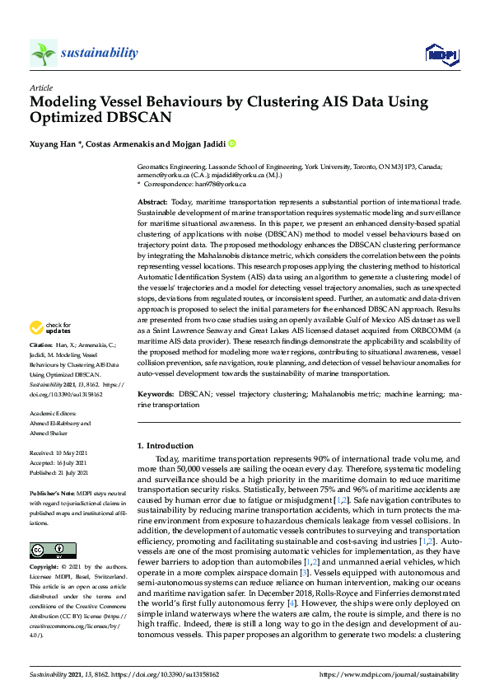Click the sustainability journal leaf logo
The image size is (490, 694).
(43, 54)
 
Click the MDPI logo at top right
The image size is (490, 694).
(441, 54)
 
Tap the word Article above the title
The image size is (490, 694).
(41, 87)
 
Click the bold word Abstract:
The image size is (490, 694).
(153, 202)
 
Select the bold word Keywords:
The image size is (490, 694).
(156, 396)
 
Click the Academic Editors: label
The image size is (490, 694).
(54, 415)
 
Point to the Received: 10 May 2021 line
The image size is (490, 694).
(59, 453)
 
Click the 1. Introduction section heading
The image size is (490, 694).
(165, 446)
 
